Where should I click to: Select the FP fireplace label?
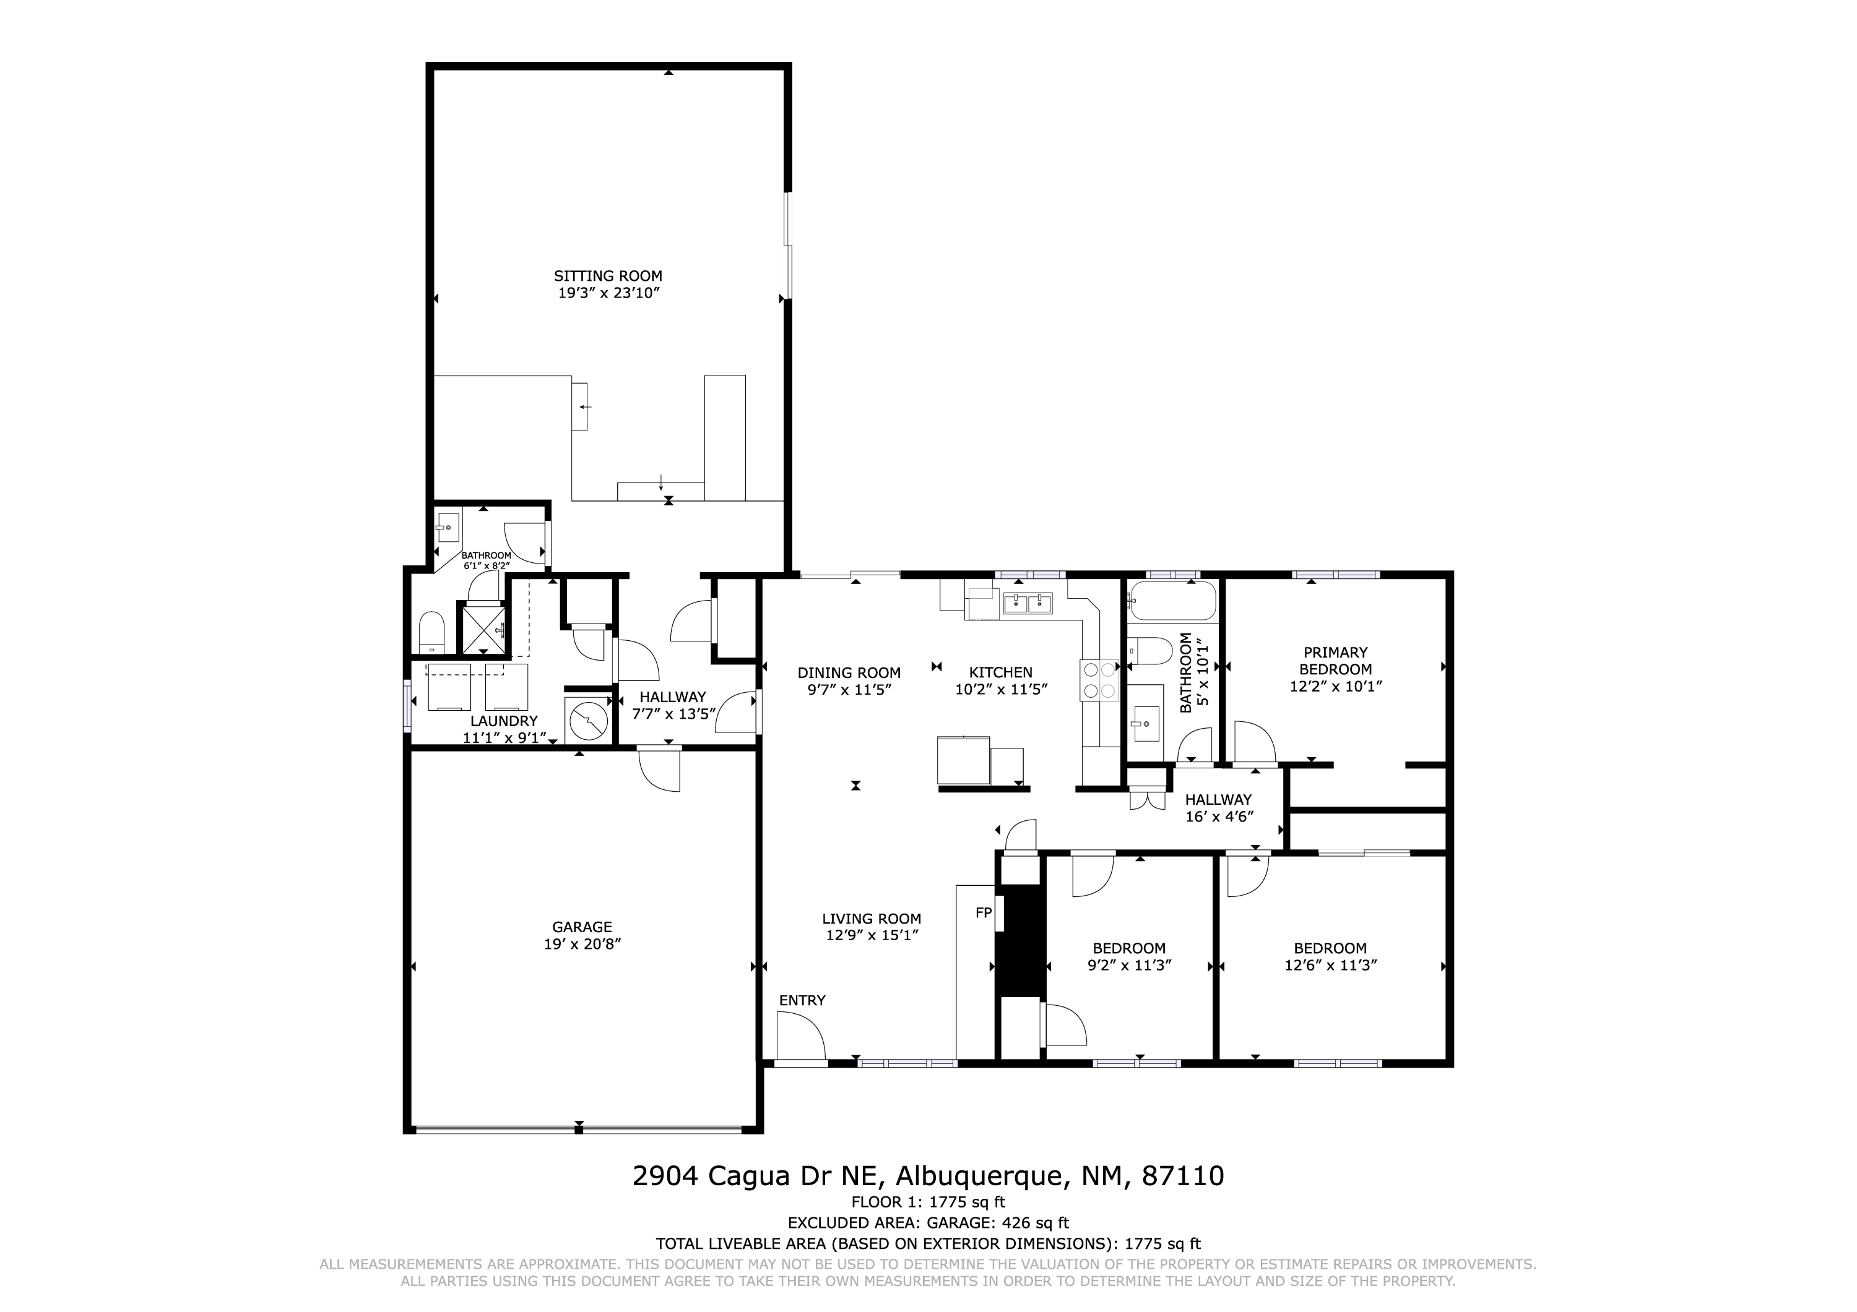pos(984,912)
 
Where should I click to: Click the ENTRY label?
pos(802,1000)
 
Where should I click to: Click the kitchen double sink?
pos(1027,603)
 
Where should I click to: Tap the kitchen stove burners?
pos(1098,680)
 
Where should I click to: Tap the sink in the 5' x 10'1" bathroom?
pos(1145,722)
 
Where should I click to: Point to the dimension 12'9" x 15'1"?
pos(872,935)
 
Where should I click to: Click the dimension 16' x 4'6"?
pos(1219,816)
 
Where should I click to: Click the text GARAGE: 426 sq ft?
pos(997,1222)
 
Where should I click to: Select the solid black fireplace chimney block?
pos(1020,941)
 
